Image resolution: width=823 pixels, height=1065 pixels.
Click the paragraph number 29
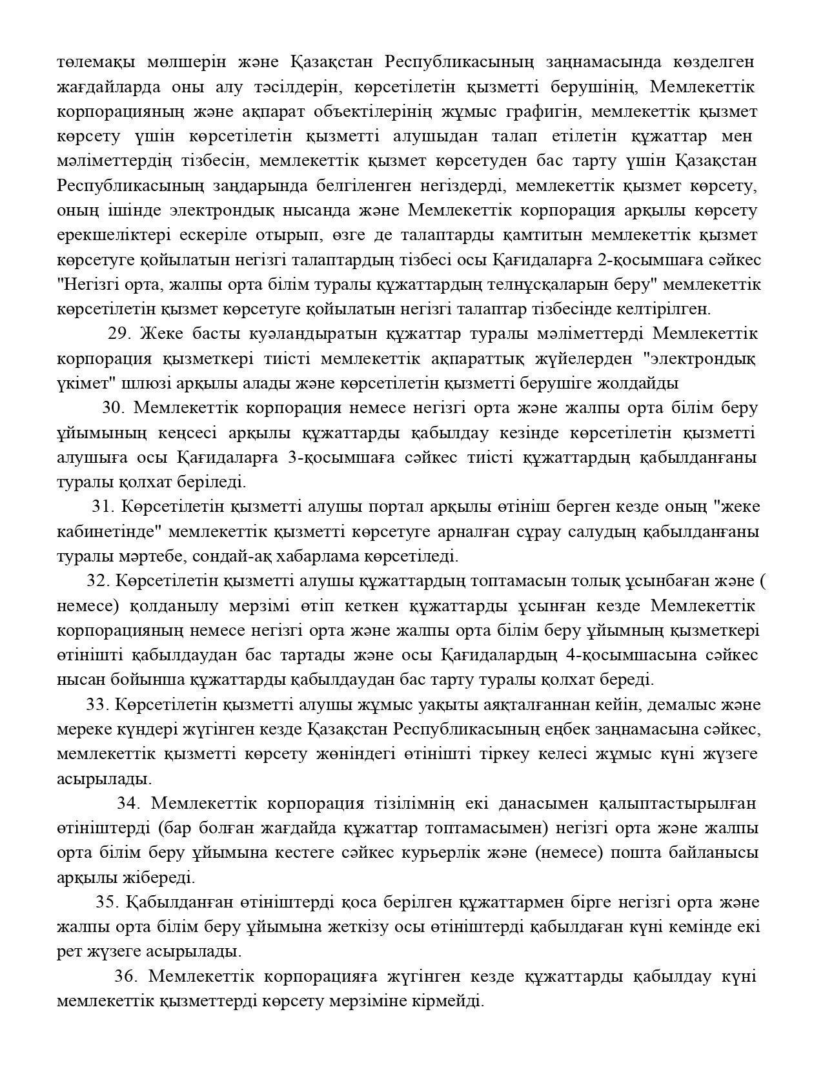click(x=119, y=334)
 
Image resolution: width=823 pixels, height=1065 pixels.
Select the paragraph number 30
click(x=112, y=408)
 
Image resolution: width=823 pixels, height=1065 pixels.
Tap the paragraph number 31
click(x=102, y=507)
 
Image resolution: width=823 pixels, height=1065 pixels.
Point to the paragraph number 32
click(x=97, y=581)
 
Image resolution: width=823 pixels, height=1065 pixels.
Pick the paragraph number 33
click(x=97, y=704)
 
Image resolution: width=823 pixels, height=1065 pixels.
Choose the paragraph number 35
click(x=107, y=902)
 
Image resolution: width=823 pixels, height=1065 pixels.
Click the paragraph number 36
click(x=125, y=976)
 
